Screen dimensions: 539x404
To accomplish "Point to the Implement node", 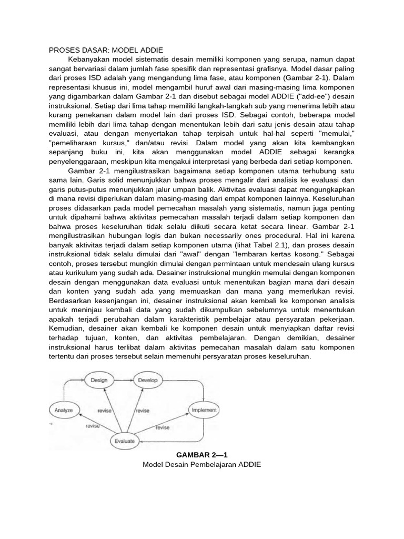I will tap(204, 409).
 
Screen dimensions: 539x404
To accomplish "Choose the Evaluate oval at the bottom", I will tap(125, 441).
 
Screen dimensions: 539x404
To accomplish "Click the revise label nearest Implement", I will tap(163, 427).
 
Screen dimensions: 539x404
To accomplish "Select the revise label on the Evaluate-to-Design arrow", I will tap(105, 411).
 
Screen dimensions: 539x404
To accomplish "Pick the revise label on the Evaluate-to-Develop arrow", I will tap(142, 411).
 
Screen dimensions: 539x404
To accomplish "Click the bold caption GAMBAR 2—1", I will tap(202, 454).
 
